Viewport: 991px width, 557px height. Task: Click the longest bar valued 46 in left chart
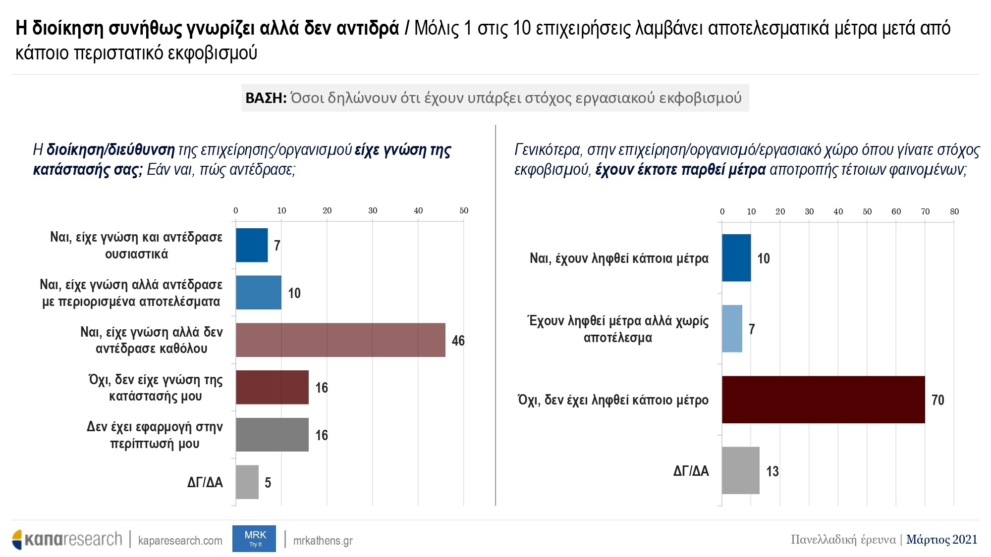(x=340, y=340)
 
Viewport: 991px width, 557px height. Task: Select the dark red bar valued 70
(x=823, y=400)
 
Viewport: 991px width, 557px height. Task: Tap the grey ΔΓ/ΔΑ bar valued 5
(x=247, y=482)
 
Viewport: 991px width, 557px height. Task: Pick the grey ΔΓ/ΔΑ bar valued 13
(x=740, y=470)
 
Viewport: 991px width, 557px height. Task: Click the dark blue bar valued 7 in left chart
(x=252, y=245)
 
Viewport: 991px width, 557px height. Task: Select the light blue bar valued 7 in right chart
(x=732, y=329)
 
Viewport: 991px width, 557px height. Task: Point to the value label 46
(x=458, y=341)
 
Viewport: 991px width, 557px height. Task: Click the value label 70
(x=937, y=400)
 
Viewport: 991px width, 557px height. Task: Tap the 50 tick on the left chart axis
(x=464, y=210)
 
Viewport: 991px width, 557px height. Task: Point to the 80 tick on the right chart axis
(x=954, y=211)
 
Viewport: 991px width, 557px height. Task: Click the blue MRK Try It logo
(x=254, y=539)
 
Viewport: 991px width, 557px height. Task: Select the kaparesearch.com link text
(x=180, y=540)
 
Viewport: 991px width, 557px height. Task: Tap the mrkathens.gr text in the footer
(x=323, y=540)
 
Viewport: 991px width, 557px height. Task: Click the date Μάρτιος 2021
(x=941, y=539)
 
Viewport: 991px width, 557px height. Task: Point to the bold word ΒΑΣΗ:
(x=266, y=98)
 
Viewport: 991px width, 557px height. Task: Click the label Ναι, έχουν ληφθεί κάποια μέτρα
(x=619, y=258)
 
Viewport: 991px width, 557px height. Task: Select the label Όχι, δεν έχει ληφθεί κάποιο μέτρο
(x=613, y=400)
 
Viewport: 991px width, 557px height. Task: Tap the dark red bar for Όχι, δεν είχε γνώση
(x=272, y=387)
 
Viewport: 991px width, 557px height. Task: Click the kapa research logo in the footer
(x=67, y=539)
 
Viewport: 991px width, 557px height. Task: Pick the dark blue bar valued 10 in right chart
(x=736, y=258)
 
